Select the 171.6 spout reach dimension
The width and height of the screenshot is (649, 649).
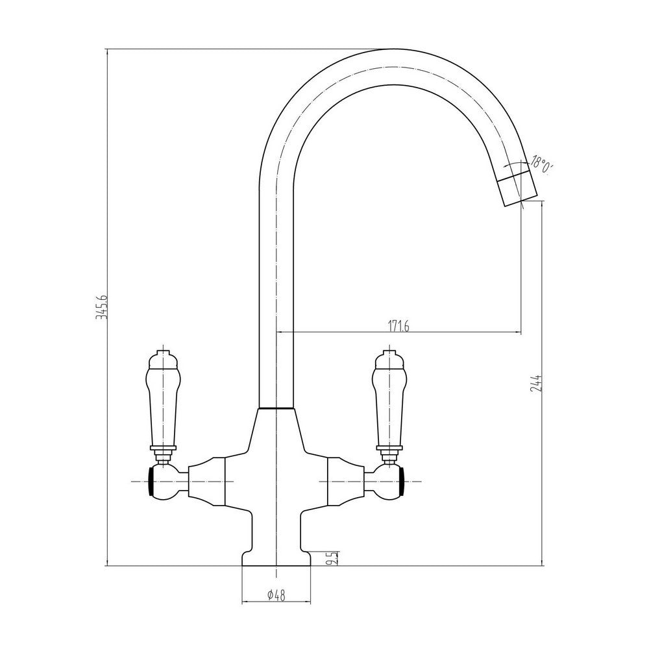tap(398, 326)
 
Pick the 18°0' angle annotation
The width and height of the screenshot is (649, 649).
tap(541, 163)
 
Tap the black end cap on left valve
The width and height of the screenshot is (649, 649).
tap(154, 482)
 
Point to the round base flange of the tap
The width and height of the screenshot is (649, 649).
tap(277, 559)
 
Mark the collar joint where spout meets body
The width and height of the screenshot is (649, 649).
tap(277, 409)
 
